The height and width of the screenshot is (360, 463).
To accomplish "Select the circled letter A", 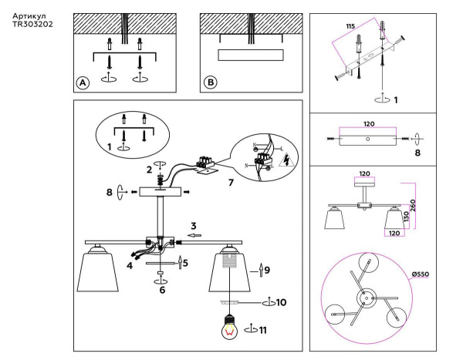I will pos(83,82).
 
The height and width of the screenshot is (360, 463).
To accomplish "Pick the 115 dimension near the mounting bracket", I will pos(350,26).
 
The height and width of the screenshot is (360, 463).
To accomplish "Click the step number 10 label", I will pos(281,302).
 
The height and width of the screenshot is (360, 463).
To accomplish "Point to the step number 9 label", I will pos(266,270).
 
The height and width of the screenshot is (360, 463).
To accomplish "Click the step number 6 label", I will pos(163,290).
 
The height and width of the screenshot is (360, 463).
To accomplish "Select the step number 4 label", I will pos(129,266).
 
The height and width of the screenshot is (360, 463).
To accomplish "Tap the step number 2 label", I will pos(149,169).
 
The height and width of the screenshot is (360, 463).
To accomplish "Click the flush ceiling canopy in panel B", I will pos(251,55).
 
